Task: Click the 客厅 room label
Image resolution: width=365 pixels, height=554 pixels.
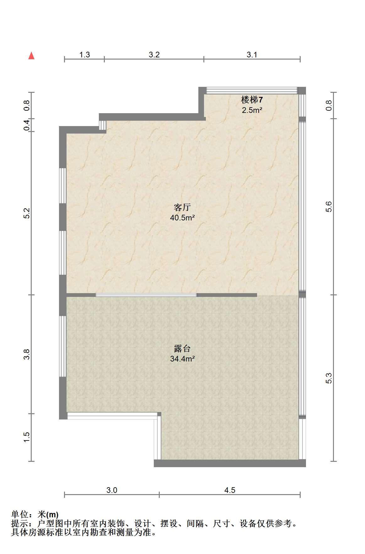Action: [x=182, y=208]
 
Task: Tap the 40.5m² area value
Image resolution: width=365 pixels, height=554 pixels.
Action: [x=182, y=218]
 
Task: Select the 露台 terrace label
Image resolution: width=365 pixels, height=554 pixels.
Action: [x=182, y=349]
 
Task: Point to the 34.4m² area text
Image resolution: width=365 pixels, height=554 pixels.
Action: [x=182, y=359]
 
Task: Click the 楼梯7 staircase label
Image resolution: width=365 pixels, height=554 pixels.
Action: [x=252, y=100]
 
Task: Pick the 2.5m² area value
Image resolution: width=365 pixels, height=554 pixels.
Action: [x=252, y=110]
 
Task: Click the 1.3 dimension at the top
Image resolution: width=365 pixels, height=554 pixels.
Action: [x=84, y=55]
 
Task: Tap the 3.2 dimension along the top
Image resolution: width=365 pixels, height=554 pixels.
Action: [x=154, y=55]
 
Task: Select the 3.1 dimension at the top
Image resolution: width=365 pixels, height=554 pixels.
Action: [x=252, y=55]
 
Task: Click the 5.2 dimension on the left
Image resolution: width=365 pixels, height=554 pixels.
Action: [x=27, y=213]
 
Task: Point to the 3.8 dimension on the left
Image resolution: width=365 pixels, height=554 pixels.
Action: [x=27, y=354]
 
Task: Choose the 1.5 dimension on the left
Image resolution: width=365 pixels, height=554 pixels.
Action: [x=27, y=437]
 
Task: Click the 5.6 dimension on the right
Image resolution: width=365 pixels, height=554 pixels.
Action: [x=329, y=207]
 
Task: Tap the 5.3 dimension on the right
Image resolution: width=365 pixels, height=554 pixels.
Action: [x=329, y=378]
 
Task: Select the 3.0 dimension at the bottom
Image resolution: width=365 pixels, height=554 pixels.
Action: [x=112, y=490]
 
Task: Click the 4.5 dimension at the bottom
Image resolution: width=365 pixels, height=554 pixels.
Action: [x=230, y=490]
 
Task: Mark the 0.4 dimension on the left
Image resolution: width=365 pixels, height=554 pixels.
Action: [x=27, y=125]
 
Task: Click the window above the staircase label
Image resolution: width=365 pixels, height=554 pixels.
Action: [x=252, y=91]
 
